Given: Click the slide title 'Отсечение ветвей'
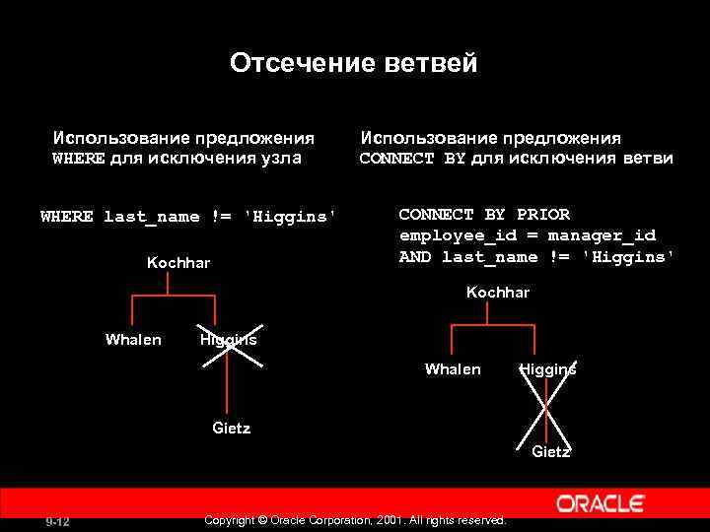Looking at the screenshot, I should pyautogui.click(x=353, y=64).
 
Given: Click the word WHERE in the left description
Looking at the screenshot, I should pyautogui.click(x=78, y=159).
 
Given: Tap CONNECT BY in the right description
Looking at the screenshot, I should pyautogui.click(x=412, y=159).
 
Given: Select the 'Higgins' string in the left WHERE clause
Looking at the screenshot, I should pyautogui.click(x=290, y=217).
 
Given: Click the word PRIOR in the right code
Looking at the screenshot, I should pyautogui.click(x=543, y=215).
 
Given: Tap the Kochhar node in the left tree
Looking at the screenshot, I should pyautogui.click(x=178, y=263).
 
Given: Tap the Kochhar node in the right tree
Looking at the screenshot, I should pyautogui.click(x=498, y=293).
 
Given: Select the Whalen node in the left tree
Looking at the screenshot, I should pyautogui.click(x=133, y=340).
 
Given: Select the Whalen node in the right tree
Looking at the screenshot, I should pyautogui.click(x=453, y=369).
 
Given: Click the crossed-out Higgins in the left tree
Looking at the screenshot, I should pyautogui.click(x=228, y=340).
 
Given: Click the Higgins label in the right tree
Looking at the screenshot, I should pyautogui.click(x=547, y=369).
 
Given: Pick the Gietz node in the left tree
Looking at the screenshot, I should pyautogui.click(x=232, y=428).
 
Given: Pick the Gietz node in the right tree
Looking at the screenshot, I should pyautogui.click(x=551, y=452).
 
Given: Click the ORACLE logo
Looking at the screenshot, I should pyautogui.click(x=601, y=504).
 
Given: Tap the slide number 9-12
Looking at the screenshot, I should pyautogui.click(x=56, y=521).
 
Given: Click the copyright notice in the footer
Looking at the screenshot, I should pyautogui.click(x=354, y=519).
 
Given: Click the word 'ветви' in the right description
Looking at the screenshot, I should pyautogui.click(x=647, y=159).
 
